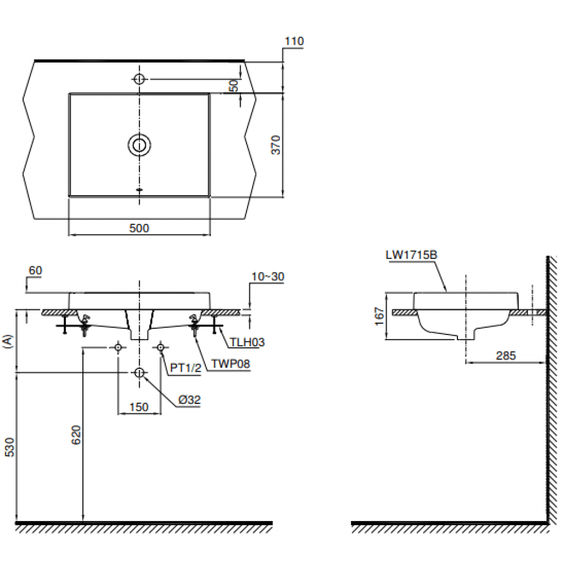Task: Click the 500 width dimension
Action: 139,228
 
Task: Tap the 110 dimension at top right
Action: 294,41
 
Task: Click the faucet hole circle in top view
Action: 139,79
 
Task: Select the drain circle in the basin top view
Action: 139,145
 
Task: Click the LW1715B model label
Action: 411,255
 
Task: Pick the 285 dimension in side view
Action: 505,356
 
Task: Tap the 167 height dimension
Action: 380,316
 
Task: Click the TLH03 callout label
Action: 246,342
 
